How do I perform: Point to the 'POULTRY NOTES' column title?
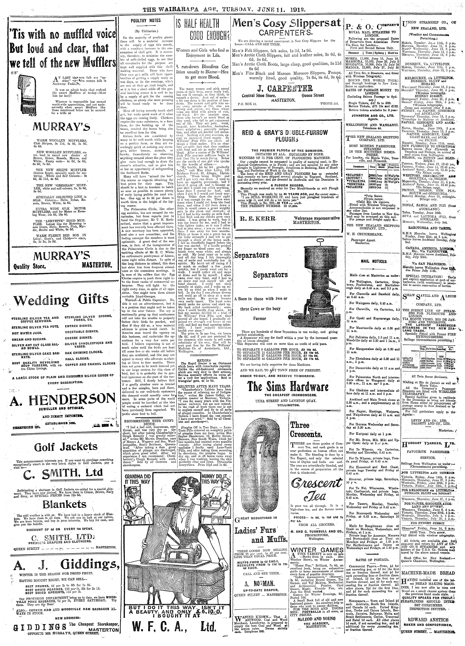[x=145, y=20]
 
